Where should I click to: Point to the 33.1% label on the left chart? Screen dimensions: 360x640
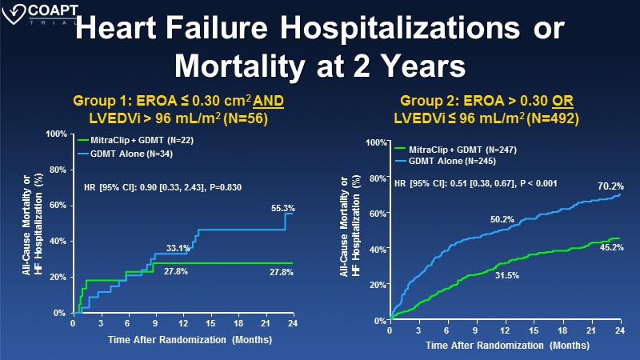pyautogui.click(x=178, y=249)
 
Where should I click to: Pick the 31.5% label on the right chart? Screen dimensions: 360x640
pyautogui.click(x=507, y=276)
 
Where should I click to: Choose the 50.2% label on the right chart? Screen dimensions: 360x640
pyautogui.click(x=502, y=218)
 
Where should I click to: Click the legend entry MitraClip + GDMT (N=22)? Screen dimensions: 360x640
pyautogui.click(x=136, y=141)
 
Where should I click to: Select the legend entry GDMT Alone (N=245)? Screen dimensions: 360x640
pyautogui.click(x=447, y=161)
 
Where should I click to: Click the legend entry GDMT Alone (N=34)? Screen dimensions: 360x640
pyautogui.click(x=124, y=152)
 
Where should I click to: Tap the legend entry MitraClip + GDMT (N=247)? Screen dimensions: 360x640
pyautogui.click(x=454, y=150)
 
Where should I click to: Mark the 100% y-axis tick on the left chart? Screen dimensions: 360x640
pyautogui.click(x=57, y=134)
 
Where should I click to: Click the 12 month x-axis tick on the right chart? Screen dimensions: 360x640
pyautogui.click(x=505, y=330)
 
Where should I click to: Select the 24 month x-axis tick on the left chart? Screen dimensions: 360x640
pyautogui.click(x=293, y=323)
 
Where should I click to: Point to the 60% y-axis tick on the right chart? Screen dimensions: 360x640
pyautogui.click(x=374, y=214)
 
